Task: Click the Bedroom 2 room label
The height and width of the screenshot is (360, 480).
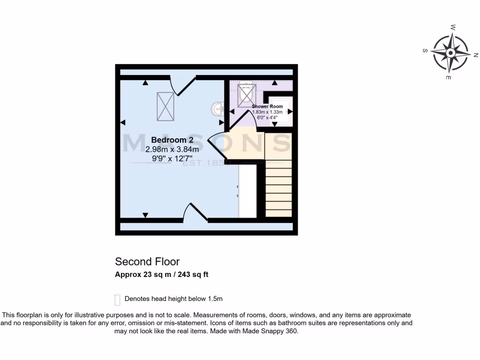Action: pos(172,140)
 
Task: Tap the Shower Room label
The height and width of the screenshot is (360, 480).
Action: pos(267,107)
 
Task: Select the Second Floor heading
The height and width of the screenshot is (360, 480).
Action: pos(147,262)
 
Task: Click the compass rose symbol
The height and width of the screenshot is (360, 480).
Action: pos(450,52)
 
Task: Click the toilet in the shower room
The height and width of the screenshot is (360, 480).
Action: pos(246,94)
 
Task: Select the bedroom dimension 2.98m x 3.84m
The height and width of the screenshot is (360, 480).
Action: pos(172,150)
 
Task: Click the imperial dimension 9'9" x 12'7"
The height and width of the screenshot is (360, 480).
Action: pos(172,158)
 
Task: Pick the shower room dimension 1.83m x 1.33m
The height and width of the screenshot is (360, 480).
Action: pos(267,112)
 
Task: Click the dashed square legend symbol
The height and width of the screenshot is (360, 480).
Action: pos(117,299)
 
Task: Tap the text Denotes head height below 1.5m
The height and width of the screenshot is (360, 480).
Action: pos(173,299)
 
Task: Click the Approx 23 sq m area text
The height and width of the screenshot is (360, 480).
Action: pos(162,275)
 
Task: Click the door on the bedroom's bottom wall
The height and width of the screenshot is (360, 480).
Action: pos(195,212)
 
